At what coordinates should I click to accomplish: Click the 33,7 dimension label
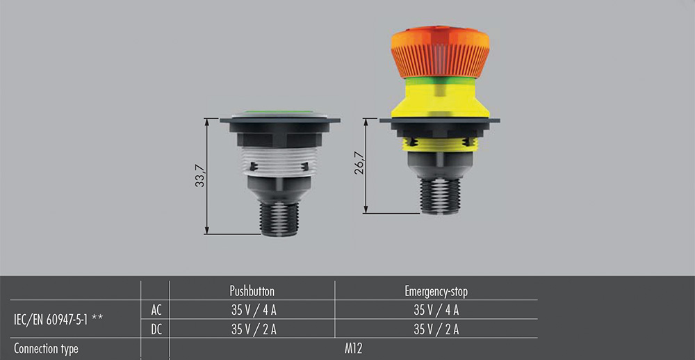point(199,176)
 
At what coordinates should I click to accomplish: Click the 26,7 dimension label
point(359,163)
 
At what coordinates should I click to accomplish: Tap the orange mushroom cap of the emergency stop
point(441,52)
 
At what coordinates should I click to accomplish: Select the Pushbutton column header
point(252,291)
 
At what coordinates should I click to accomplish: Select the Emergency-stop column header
point(436,291)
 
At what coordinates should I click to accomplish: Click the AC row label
point(156,311)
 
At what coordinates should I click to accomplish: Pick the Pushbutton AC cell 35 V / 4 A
point(254,311)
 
